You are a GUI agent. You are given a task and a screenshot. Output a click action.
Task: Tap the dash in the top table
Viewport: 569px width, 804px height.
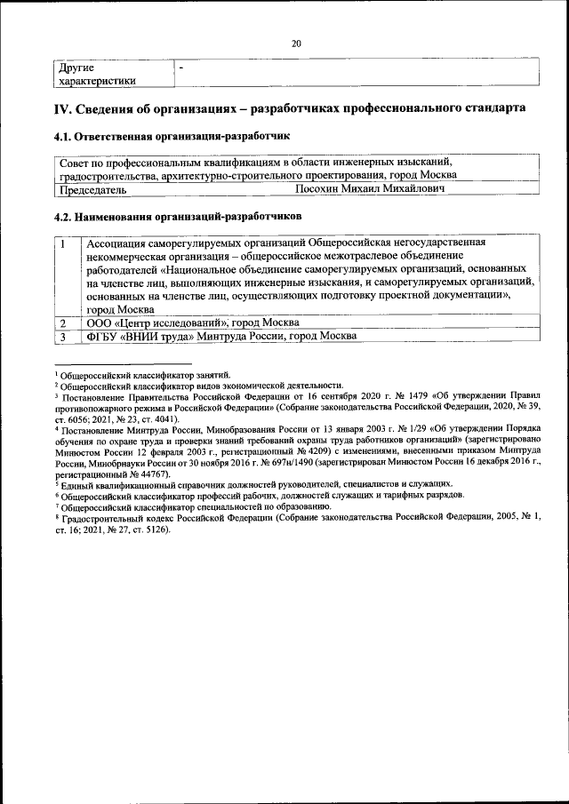[181, 68]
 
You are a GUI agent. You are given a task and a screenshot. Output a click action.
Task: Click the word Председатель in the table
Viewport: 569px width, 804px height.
[92, 189]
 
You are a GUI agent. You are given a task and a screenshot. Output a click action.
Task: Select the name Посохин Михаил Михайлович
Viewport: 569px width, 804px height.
[370, 189]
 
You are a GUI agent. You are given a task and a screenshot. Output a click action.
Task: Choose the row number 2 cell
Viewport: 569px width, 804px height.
[63, 322]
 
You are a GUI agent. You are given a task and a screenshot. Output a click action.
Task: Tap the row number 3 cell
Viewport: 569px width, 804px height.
[63, 336]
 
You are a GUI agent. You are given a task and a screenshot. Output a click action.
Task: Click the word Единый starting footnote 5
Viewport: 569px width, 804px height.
[77, 484]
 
